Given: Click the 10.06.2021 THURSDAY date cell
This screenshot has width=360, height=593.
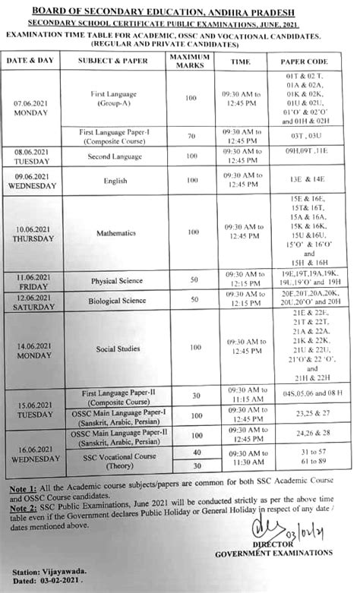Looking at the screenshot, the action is [33, 233].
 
